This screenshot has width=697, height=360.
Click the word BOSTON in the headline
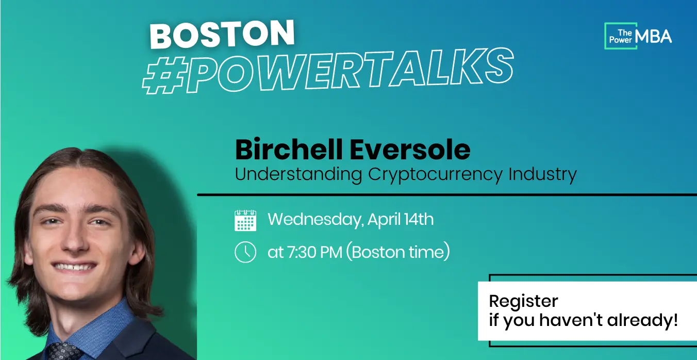(222, 34)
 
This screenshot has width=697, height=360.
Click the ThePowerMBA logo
(638, 36)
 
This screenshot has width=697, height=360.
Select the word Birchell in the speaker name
(289, 150)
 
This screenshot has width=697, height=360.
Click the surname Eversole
(410, 151)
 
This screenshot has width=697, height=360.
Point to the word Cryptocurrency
(435, 175)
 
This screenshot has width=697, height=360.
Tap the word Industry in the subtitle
(542, 174)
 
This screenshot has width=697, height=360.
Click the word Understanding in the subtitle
(298, 174)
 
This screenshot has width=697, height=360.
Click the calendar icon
(245, 220)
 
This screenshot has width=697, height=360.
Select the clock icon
(245, 252)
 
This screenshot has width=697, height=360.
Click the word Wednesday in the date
(316, 220)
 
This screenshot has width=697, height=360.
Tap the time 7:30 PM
(314, 252)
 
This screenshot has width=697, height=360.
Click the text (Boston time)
(398, 252)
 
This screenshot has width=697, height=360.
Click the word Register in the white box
(523, 301)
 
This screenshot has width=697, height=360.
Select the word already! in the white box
(642, 320)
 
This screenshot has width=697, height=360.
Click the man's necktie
(64, 351)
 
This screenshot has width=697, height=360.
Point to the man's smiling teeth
(74, 267)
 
